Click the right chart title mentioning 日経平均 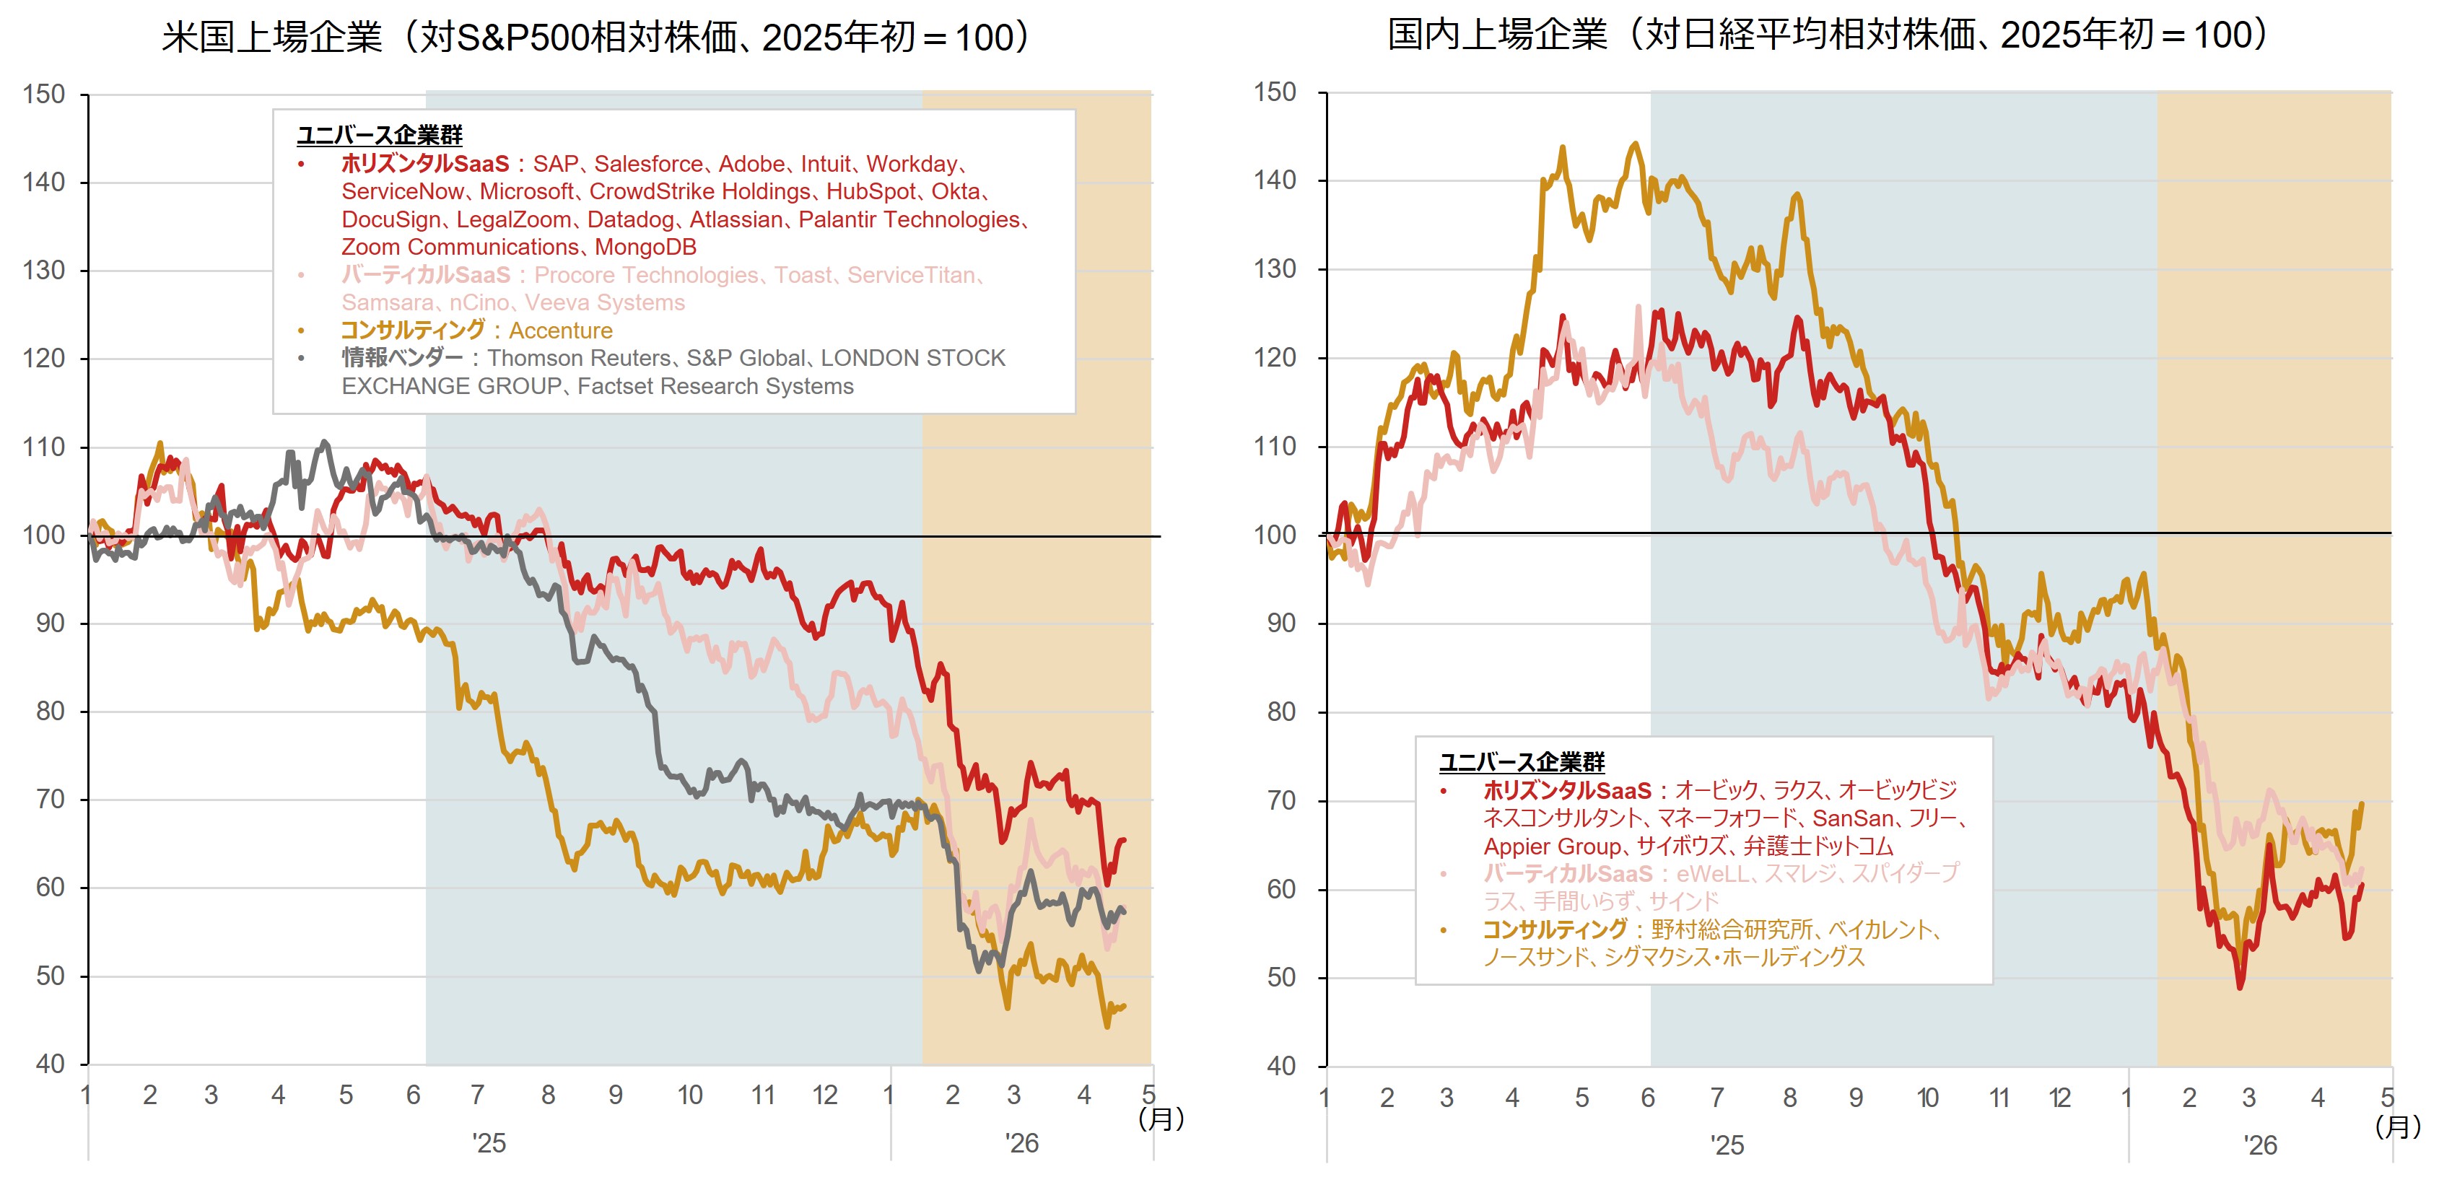coord(1828,35)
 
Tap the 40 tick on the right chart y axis coord(1281,1066)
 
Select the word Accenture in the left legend coord(561,331)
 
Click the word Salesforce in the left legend coord(649,164)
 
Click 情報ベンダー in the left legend coord(402,358)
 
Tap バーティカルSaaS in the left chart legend coord(425,274)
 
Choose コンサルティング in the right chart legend coord(1555,929)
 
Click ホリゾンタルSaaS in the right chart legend coord(1567,790)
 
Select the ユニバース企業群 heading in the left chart coord(380,136)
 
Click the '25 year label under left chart coord(489,1143)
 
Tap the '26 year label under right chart coord(2260,1145)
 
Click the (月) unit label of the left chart coord(1161,1119)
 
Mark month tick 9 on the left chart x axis coord(616,1095)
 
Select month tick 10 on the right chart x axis coord(1928,1098)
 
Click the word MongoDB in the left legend coord(646,247)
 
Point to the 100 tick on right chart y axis coord(1275,535)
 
